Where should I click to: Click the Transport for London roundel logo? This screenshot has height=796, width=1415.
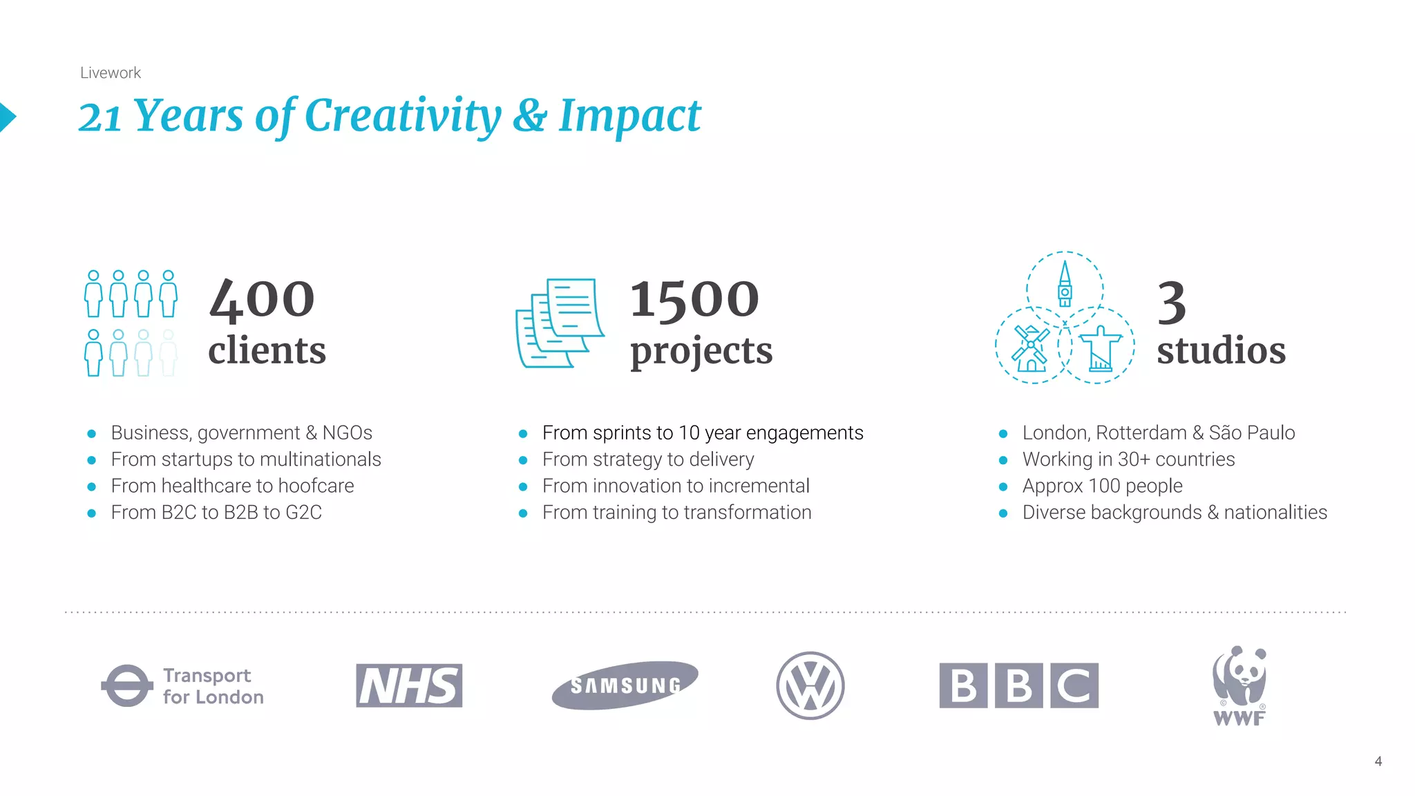(x=127, y=685)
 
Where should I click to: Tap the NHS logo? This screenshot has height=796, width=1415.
(x=409, y=685)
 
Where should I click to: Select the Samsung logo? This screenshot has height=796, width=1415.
(x=625, y=685)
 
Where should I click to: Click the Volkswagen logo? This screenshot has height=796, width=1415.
(x=810, y=685)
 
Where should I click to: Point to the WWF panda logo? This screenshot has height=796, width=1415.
(x=1240, y=685)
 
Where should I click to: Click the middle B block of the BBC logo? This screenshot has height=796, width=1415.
(x=1018, y=685)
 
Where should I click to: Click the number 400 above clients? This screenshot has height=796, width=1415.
(x=262, y=300)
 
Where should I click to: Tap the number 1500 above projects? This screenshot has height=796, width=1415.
(x=694, y=300)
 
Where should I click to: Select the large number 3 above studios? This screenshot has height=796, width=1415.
(x=1172, y=303)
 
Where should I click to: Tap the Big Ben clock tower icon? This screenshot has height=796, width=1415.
(x=1065, y=285)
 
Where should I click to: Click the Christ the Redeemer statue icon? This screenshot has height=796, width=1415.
(x=1100, y=349)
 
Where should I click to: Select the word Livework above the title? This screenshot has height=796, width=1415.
(x=111, y=73)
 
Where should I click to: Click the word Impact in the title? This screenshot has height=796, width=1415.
(x=629, y=115)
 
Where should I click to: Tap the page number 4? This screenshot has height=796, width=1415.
(x=1378, y=761)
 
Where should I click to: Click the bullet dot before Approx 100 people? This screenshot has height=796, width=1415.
(x=1003, y=487)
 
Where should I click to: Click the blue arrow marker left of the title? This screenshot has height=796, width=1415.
(x=7, y=117)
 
